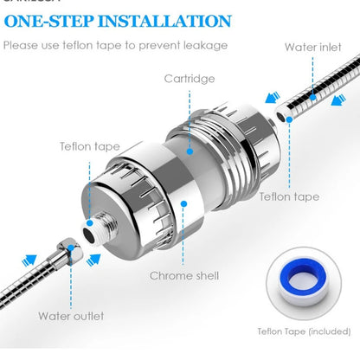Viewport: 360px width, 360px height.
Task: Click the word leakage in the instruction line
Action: tap(206, 45)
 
